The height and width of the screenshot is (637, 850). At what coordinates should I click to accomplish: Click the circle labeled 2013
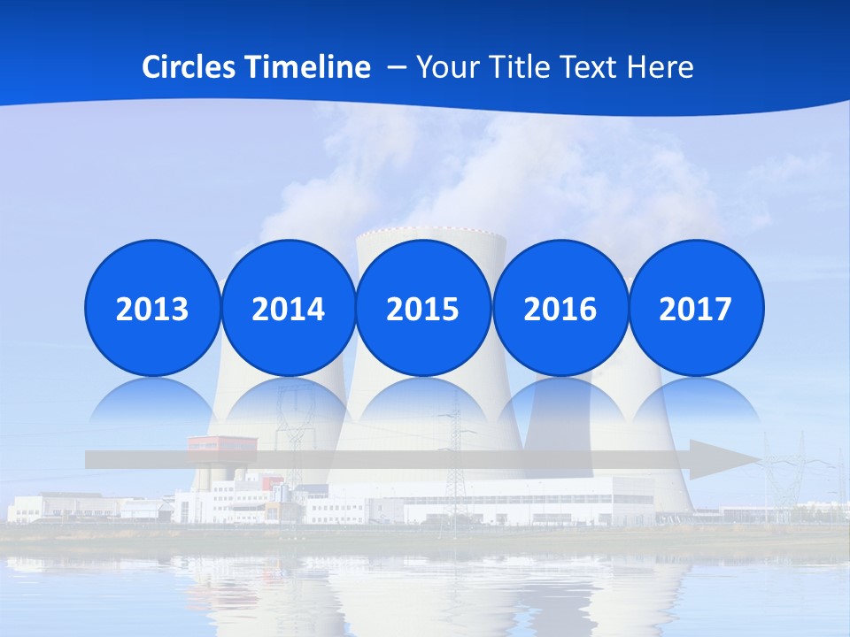pyautogui.click(x=152, y=308)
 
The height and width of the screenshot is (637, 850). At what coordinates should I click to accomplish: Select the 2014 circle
pyautogui.click(x=288, y=308)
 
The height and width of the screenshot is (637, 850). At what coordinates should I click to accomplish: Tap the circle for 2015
pyautogui.click(x=423, y=308)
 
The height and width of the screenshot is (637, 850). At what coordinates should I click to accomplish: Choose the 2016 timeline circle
pyautogui.click(x=560, y=308)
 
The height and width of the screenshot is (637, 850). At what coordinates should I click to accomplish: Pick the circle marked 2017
pyautogui.click(x=695, y=308)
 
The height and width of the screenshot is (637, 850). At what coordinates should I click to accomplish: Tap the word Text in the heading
pyautogui.click(x=592, y=67)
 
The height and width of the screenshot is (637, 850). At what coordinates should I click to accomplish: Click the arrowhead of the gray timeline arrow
pyautogui.click(x=722, y=460)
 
